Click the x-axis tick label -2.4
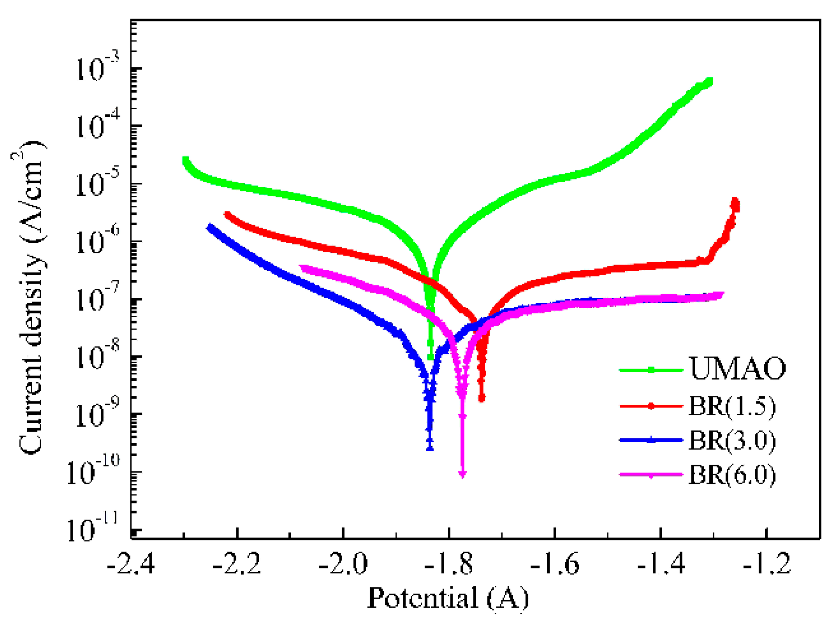tap(131, 564)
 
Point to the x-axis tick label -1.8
tap(449, 564)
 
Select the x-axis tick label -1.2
tap(767, 564)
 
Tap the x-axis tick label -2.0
tap(343, 564)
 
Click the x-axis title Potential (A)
tap(448, 598)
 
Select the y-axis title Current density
tap(31, 297)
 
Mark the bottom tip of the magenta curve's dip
tap(462, 475)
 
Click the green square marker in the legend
tap(651, 370)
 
